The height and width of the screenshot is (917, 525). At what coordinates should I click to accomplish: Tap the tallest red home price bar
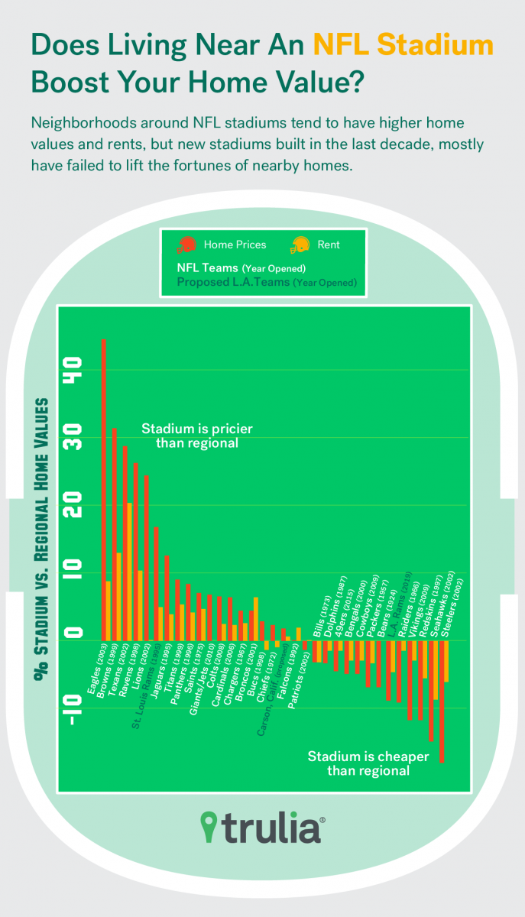pyautogui.click(x=104, y=489)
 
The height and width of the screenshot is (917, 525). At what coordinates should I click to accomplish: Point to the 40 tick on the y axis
pyautogui.click(x=74, y=371)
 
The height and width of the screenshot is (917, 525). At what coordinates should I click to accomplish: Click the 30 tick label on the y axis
pyautogui.click(x=74, y=439)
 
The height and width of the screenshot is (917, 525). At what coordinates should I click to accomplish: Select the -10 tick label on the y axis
pyautogui.click(x=74, y=709)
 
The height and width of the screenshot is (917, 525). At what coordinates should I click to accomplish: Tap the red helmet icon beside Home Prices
pyautogui.click(x=186, y=245)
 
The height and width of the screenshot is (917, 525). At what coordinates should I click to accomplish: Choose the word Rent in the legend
pyautogui.click(x=329, y=245)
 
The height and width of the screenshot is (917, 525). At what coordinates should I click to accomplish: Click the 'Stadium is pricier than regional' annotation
pyautogui.click(x=196, y=436)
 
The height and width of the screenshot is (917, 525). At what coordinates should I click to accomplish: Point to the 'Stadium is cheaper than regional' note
pyautogui.click(x=368, y=763)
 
